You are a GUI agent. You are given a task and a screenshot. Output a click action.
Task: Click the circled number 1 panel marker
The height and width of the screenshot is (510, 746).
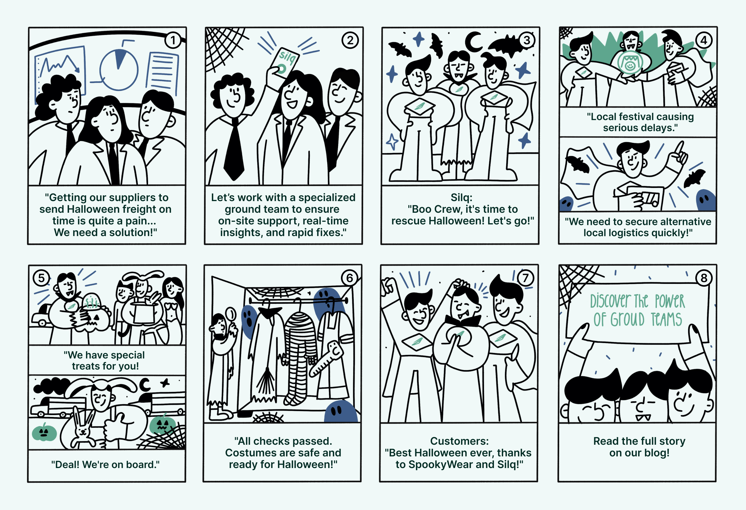[x=173, y=40]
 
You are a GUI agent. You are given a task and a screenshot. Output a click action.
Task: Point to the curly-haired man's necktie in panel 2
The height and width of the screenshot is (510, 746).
[x=234, y=149]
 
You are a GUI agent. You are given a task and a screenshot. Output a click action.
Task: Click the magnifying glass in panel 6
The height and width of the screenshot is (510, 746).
[x=230, y=316]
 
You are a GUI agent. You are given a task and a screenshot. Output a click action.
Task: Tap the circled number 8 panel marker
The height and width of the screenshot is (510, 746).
[x=704, y=278]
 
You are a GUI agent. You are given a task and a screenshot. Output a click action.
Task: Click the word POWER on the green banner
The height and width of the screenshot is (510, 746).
[x=670, y=301]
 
